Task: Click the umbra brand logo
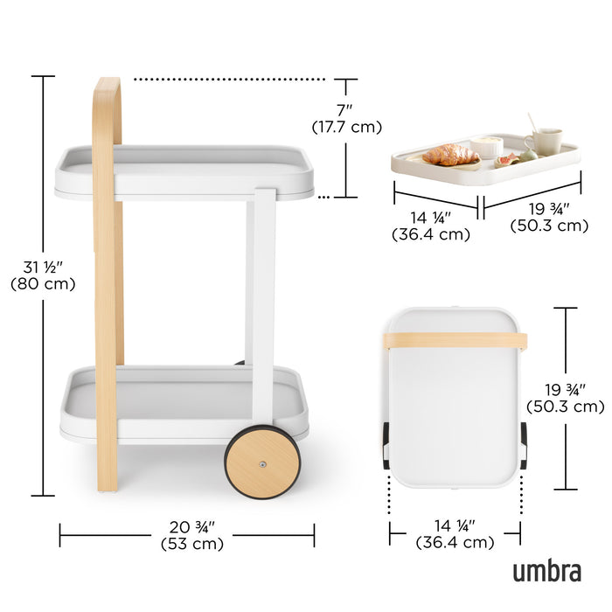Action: (x=546, y=572)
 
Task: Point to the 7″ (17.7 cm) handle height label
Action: (x=347, y=119)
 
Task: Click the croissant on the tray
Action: (x=450, y=155)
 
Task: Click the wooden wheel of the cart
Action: (x=262, y=462)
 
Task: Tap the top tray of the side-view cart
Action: (x=184, y=170)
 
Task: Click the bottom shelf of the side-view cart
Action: (x=184, y=402)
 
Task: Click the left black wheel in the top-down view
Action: (x=386, y=445)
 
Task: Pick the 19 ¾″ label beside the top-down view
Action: (x=565, y=398)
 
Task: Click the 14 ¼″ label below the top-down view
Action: (x=455, y=534)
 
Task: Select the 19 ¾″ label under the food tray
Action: (x=548, y=217)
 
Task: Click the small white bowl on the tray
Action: (x=487, y=146)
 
